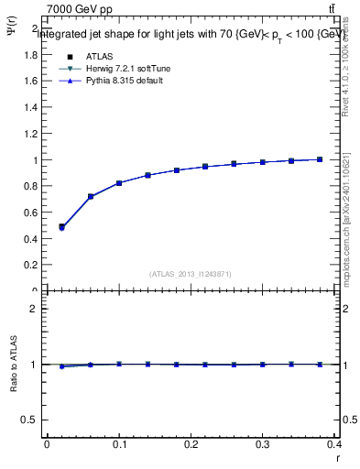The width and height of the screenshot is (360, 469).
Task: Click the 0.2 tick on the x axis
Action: (x=191, y=446)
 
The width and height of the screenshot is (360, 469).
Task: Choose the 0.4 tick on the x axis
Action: (x=335, y=446)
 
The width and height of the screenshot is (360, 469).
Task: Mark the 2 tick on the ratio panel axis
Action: (x=32, y=309)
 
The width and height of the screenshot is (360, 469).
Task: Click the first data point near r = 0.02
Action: (x=61, y=226)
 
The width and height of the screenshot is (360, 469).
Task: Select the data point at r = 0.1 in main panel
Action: (x=119, y=183)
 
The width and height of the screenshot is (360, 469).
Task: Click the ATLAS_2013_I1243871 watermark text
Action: (x=191, y=274)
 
